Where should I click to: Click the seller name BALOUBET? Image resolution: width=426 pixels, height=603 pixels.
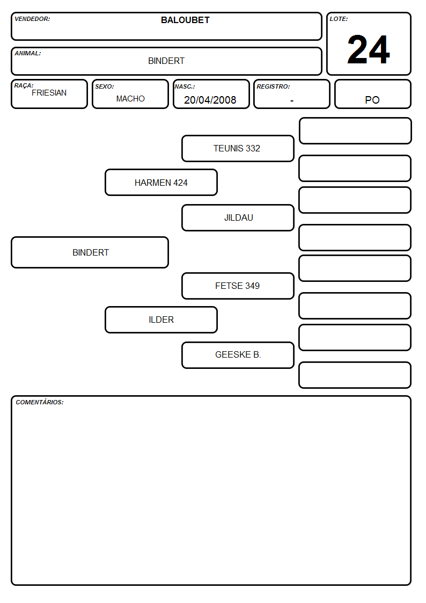tap(185, 20)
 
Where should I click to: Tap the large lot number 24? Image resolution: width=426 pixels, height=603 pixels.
tap(369, 49)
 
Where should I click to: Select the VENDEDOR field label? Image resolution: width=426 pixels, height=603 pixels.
tap(32, 19)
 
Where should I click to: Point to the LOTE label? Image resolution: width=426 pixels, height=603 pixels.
tap(339, 19)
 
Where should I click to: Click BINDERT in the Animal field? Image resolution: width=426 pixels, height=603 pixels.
tap(166, 61)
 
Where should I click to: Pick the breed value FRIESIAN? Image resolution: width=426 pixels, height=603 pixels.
tap(49, 93)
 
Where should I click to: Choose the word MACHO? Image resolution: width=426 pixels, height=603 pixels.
tap(130, 99)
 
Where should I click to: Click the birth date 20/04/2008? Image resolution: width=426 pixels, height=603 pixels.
tap(210, 100)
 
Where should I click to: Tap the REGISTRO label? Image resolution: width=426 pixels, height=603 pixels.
tap(273, 86)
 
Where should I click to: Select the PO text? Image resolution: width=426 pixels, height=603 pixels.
tap(372, 100)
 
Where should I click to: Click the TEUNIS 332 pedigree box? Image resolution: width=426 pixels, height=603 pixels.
tap(238, 148)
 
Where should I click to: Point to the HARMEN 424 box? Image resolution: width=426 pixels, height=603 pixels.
tap(161, 182)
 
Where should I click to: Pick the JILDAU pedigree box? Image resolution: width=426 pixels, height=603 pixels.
tap(238, 217)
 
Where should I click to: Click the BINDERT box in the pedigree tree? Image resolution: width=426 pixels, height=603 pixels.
tap(90, 252)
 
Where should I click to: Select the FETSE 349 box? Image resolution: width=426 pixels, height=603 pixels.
tap(238, 286)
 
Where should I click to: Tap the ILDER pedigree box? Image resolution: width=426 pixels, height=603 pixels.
tap(161, 319)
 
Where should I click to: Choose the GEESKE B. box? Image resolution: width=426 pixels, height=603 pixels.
tap(238, 355)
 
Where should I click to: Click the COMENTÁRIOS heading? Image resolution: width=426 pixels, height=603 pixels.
tap(40, 402)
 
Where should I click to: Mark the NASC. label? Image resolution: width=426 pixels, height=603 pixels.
tap(185, 86)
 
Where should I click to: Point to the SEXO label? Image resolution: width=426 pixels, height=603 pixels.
tap(105, 86)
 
